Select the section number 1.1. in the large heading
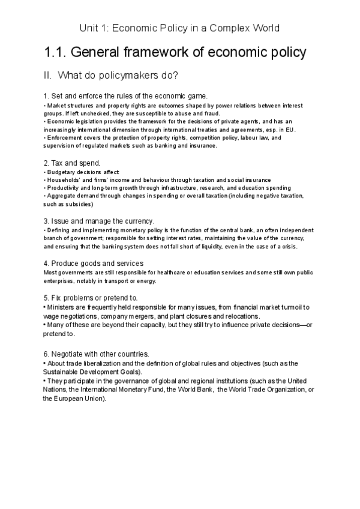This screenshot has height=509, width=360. pyautogui.click(x=56, y=52)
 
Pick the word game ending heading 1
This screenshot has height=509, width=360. pyautogui.click(x=196, y=96)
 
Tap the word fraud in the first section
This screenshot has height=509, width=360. pyautogui.click(x=212, y=113)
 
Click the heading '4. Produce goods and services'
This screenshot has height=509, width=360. pyautogui.click(x=93, y=263)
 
